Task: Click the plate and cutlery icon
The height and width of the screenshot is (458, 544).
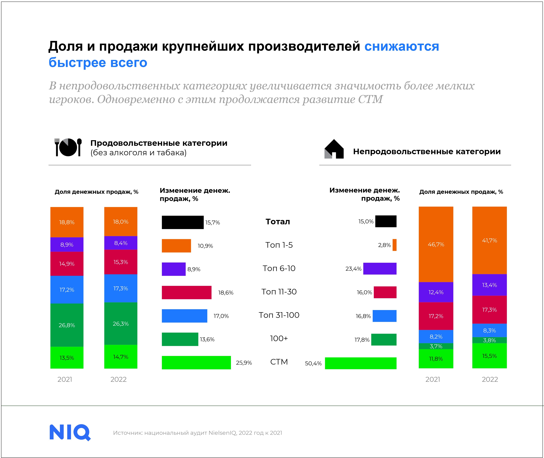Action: click(x=68, y=147)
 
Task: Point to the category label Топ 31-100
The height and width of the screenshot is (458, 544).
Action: click(x=279, y=315)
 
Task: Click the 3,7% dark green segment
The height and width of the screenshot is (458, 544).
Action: click(x=436, y=346)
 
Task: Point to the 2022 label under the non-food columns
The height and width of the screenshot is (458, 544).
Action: click(x=490, y=379)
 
